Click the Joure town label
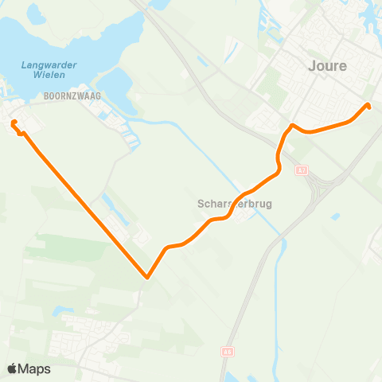click(x=327, y=66)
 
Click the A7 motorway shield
click(x=301, y=170)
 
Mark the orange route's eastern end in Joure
click(x=368, y=105)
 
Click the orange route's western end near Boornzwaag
click(x=14, y=123)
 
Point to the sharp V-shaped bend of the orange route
click(x=147, y=277)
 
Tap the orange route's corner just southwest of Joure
click(x=293, y=126)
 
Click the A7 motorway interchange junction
click(x=322, y=188)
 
